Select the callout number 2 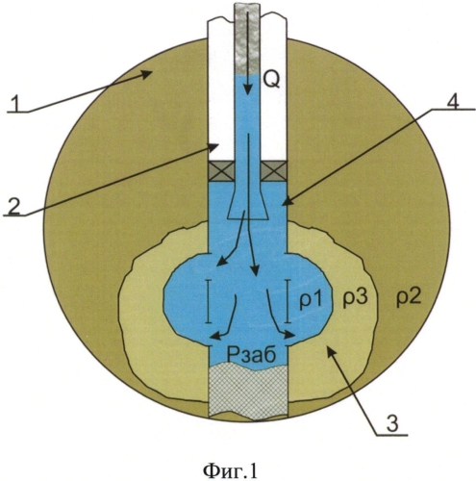pyautogui.click(x=14, y=205)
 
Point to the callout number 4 pyautogui.click(x=452, y=99)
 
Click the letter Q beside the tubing pyautogui.click(x=271, y=80)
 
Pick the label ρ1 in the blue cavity pyautogui.click(x=310, y=301)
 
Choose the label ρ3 pyautogui.click(x=354, y=299)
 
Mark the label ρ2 pyautogui.click(x=408, y=299)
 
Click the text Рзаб pyautogui.click(x=251, y=354)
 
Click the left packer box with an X pyautogui.click(x=221, y=171)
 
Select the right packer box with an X pyautogui.click(x=274, y=171)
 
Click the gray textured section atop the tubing pyautogui.click(x=247, y=39)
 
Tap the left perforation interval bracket pyautogui.click(x=209, y=301)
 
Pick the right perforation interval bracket pyautogui.click(x=288, y=301)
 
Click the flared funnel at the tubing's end pyautogui.click(x=247, y=204)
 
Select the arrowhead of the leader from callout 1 pyautogui.click(x=146, y=74)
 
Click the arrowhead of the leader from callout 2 pyautogui.click(x=214, y=147)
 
